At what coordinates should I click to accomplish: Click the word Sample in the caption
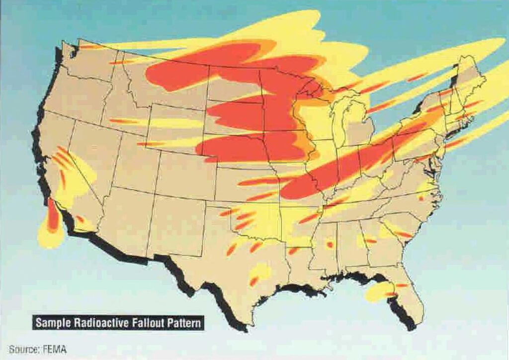click(53, 323)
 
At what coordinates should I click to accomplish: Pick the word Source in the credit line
click(24, 350)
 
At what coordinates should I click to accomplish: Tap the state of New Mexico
click(174, 219)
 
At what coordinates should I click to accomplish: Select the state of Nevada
click(92, 149)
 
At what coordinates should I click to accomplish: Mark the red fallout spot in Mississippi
click(329, 244)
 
